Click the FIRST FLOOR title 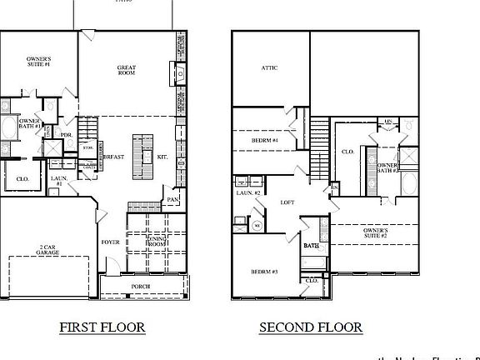pos(102,327)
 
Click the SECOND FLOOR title pos(310,327)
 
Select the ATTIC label pos(269,68)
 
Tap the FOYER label pos(111,242)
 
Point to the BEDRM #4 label pos(263,141)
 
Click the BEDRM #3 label pos(264,272)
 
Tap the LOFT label pos(287,202)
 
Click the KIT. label pos(162,156)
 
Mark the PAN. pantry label pos(173,200)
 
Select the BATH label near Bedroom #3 pos(312,246)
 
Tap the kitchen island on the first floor pos(141,156)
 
